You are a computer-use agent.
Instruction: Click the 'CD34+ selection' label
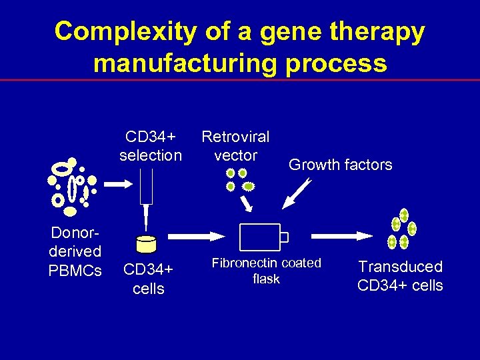pyautogui.click(x=150, y=146)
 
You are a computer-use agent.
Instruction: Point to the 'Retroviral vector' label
pyautogui.click(x=235, y=146)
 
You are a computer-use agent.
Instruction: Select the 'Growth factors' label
pyautogui.click(x=340, y=165)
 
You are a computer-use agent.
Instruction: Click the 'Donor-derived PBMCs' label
pyautogui.click(x=75, y=251)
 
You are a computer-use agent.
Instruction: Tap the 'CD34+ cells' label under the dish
pyautogui.click(x=148, y=279)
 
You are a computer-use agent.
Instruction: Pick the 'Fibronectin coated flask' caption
pyautogui.click(x=266, y=271)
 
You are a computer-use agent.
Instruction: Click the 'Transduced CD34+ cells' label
pyautogui.click(x=400, y=276)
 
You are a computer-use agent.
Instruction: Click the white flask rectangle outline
pyautogui.click(x=259, y=237)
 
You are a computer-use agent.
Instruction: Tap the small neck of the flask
pyautogui.click(x=284, y=237)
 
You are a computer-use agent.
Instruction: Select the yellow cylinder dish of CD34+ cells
pyautogui.click(x=145, y=244)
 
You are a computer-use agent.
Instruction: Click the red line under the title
pyautogui.click(x=240, y=80)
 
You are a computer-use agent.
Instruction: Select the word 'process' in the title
pyautogui.click(x=343, y=63)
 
